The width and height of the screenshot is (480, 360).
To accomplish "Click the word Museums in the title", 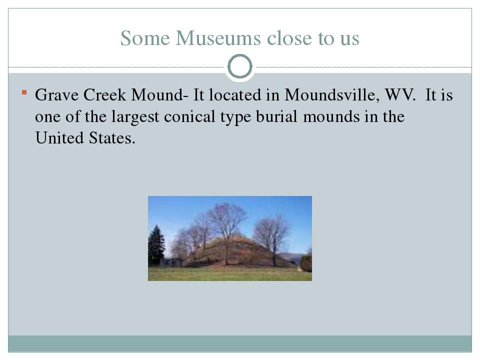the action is coord(218,38).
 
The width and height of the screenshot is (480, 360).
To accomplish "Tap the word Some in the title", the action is coord(145,38).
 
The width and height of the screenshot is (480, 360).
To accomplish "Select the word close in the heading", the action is coord(289,38).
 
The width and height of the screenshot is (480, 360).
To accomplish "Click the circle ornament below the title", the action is coord(240,66).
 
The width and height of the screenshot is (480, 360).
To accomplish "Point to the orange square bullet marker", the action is coord(24,92).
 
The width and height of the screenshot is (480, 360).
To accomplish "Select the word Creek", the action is coord(104,95).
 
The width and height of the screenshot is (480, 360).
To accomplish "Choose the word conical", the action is coord(189,116).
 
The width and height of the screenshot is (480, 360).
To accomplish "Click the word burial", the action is coord(276,116).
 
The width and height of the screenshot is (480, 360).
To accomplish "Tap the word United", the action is coord(59,138).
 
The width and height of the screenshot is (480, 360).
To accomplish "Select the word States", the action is coord(112,138).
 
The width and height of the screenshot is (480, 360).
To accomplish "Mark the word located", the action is coord(235,95).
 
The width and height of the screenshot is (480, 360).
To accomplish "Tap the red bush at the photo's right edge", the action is coord(306,262).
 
